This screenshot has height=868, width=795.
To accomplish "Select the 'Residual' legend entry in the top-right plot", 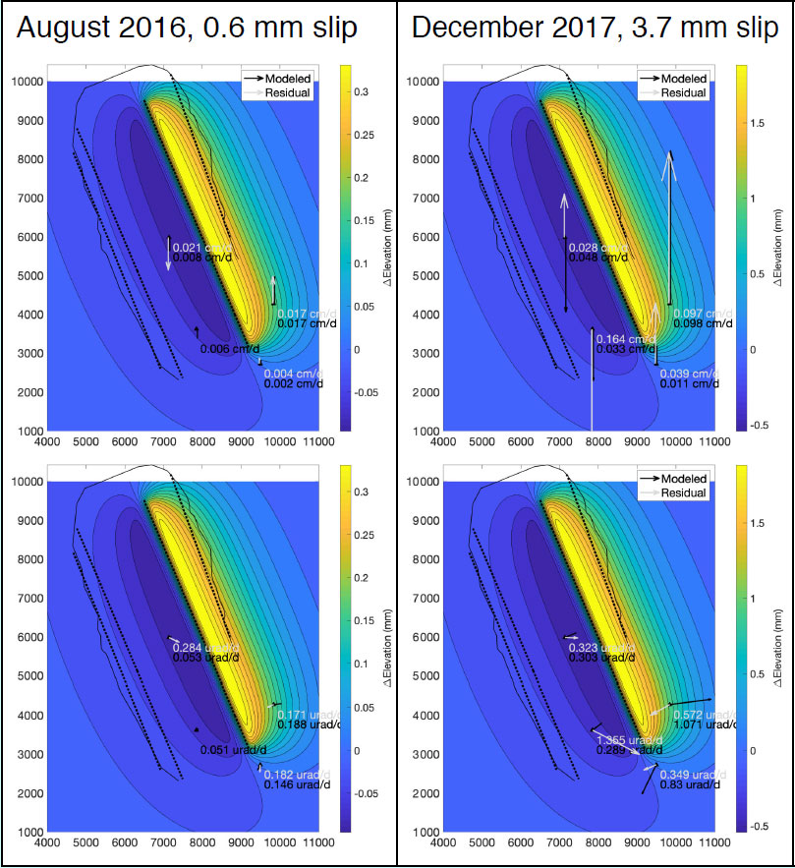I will click(x=685, y=93).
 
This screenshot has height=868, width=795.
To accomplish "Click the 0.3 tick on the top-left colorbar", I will click(x=361, y=91).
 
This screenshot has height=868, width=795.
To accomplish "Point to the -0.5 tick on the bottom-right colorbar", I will click(x=760, y=826).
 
